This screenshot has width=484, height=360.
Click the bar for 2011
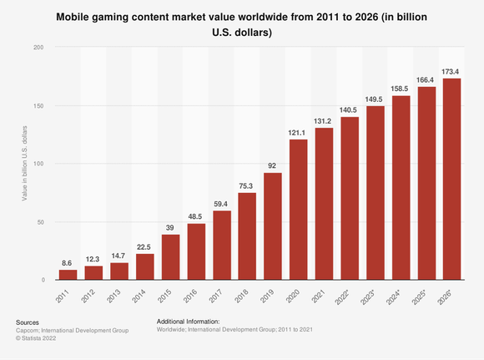[x=68, y=275]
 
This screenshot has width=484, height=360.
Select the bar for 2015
[x=171, y=257]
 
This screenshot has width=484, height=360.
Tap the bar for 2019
[x=274, y=226]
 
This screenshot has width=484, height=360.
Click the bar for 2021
[x=325, y=203]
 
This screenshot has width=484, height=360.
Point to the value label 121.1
[x=299, y=132]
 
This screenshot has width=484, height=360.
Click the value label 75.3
[x=248, y=185]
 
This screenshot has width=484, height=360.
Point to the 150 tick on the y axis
[x=38, y=105]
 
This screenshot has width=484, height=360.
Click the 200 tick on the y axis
[x=38, y=47]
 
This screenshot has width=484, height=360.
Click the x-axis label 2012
[x=94, y=296]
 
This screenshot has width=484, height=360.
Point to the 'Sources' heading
[x=28, y=322]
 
